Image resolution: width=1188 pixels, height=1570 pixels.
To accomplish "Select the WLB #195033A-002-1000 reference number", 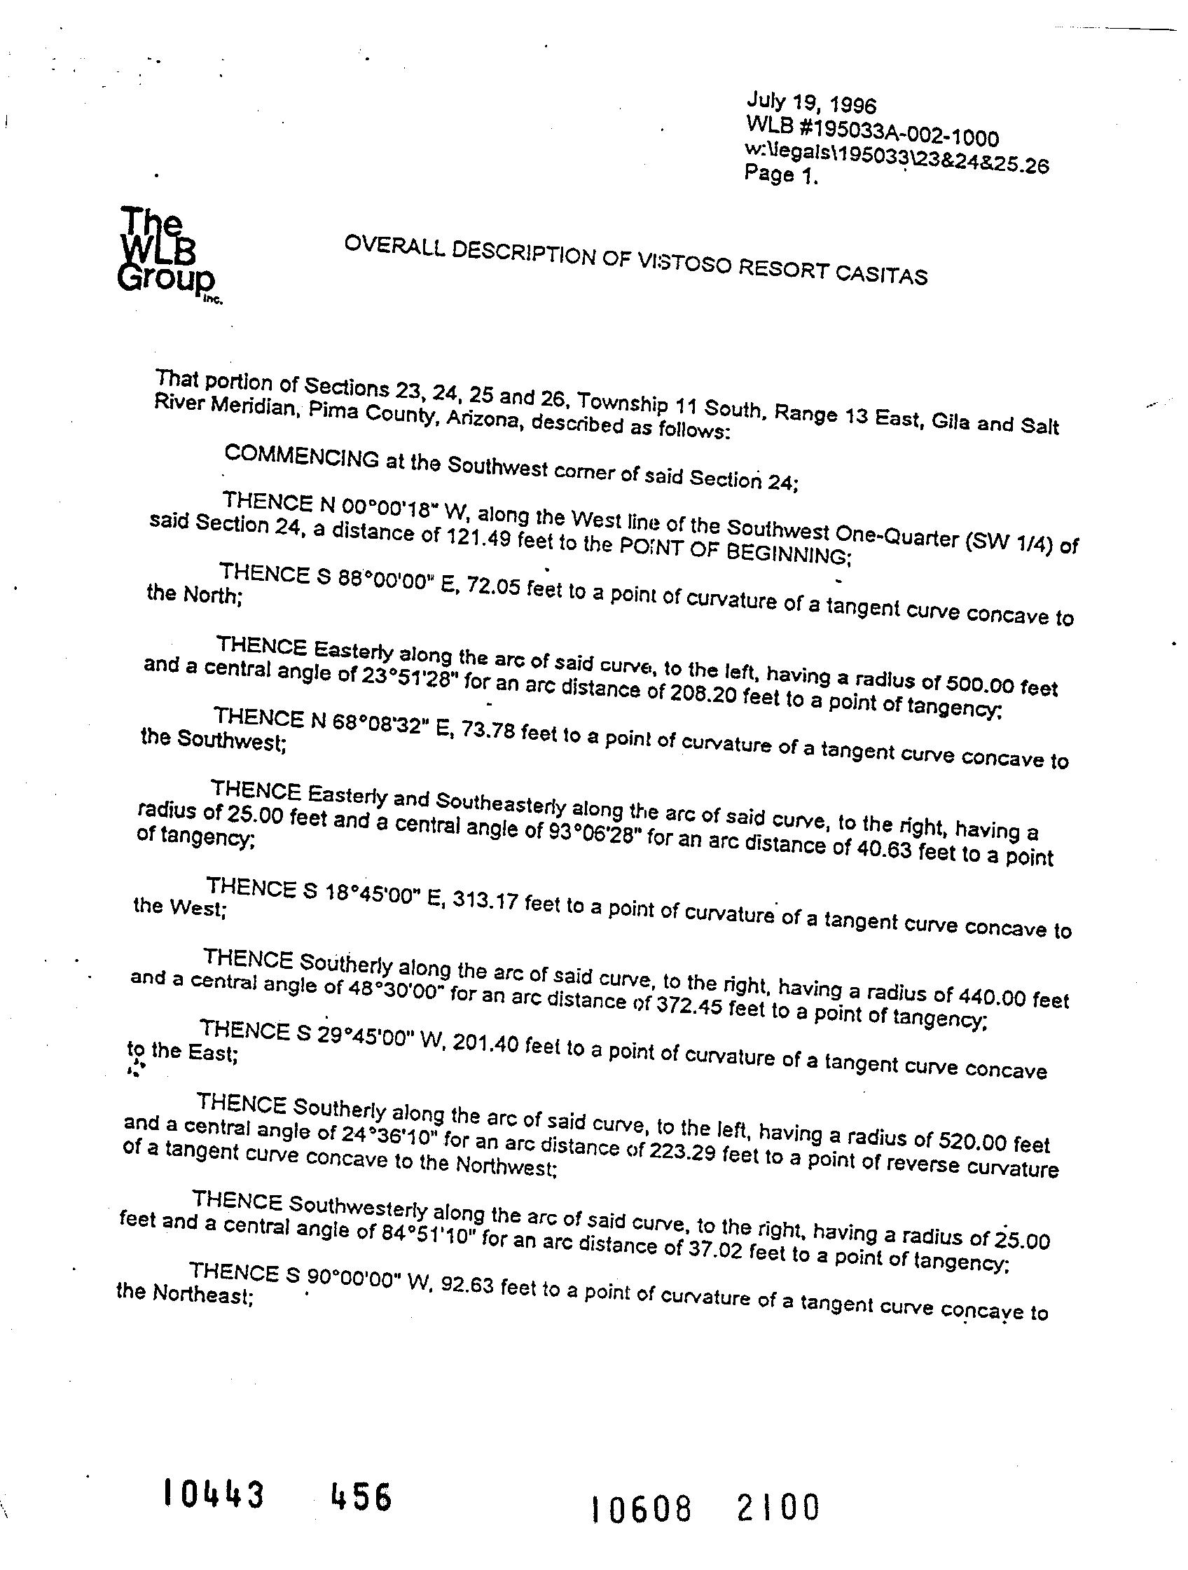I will (x=872, y=130).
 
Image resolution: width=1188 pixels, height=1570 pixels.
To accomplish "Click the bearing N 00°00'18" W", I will (x=388, y=504).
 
